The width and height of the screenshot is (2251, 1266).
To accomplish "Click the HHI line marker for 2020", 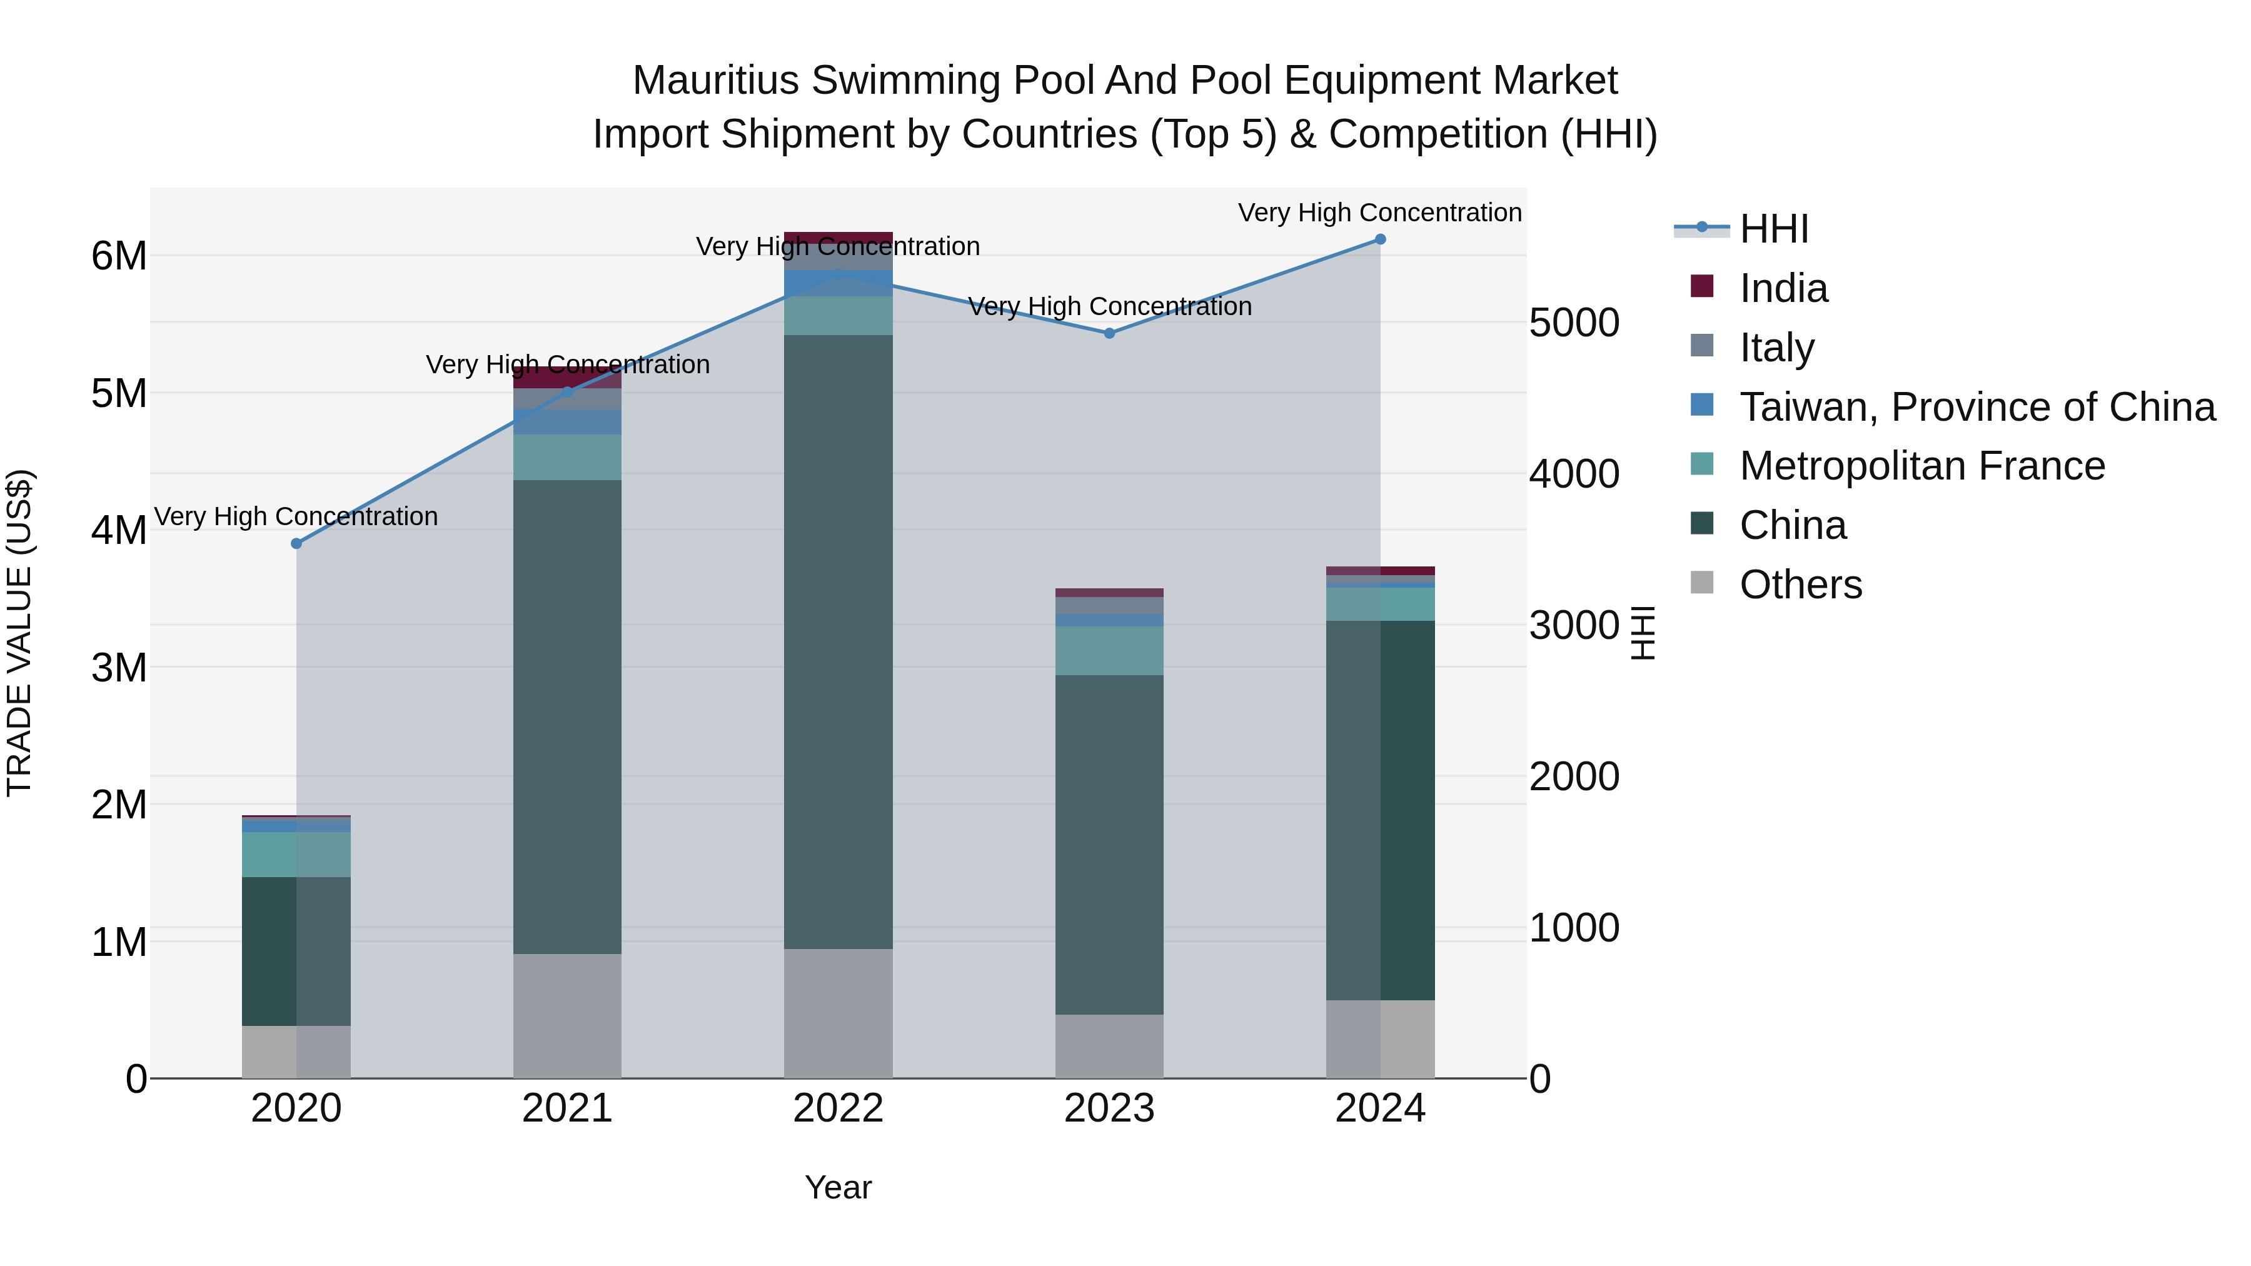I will click(296, 543).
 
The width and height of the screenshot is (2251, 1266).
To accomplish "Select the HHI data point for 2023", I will click(1109, 333).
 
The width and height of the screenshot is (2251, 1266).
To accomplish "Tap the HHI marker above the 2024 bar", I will click(1380, 239).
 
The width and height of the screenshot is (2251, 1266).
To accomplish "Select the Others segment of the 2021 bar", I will click(567, 1015).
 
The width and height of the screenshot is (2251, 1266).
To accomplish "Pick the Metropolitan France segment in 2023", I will click(1109, 651).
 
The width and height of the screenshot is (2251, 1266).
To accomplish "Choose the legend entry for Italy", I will click(1776, 348).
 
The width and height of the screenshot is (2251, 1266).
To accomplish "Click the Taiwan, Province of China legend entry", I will click(1977, 407).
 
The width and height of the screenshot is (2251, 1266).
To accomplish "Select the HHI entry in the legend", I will click(1773, 229).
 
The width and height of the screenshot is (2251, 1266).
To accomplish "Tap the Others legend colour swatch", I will click(1701, 582).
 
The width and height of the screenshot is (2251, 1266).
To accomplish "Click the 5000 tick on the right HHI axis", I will click(1574, 323).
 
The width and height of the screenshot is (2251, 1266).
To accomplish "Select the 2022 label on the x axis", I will click(838, 1108).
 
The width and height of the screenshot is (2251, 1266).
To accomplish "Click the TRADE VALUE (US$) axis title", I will click(19, 633).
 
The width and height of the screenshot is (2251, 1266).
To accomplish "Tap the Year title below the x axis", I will click(838, 1187).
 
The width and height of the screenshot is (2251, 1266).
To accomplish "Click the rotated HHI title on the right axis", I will click(1643, 633).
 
